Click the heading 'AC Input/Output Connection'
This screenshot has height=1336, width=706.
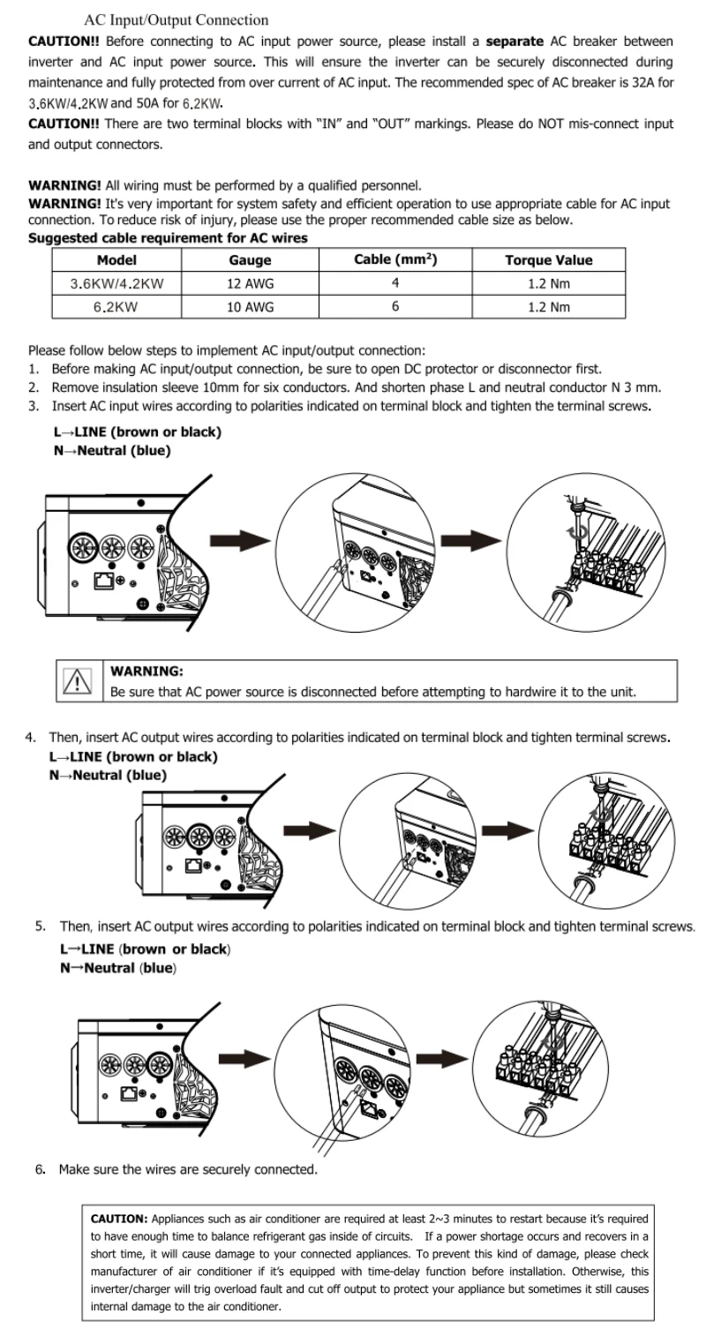click(x=176, y=19)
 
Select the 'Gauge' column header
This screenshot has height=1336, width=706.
click(x=250, y=260)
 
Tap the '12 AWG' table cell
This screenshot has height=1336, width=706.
click(x=250, y=283)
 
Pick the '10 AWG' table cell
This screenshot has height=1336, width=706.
click(x=250, y=307)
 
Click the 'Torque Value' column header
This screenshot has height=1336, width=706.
click(x=548, y=260)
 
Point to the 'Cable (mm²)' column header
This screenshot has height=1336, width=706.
click(x=395, y=259)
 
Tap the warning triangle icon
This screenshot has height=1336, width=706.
click(x=79, y=681)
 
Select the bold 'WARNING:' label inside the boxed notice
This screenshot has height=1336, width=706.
click(x=146, y=672)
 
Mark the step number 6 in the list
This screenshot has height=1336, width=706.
click(x=40, y=1169)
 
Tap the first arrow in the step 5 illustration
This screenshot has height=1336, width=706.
click(x=244, y=1057)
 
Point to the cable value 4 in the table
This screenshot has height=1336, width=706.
click(x=395, y=283)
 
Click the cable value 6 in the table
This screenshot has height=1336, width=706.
click(x=395, y=307)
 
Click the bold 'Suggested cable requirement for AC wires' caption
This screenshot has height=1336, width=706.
click(x=168, y=238)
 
